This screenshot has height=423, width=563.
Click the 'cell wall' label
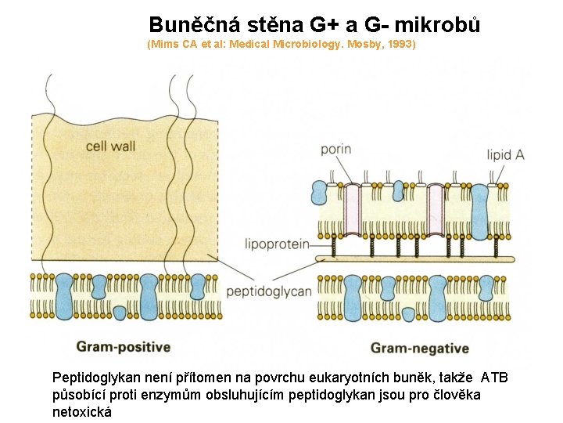(110, 146)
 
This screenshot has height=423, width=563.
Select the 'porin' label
(335, 150)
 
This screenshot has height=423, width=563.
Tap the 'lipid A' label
(505, 155)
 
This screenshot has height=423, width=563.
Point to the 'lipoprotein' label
(277, 244)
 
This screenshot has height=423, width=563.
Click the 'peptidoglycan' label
(268, 291)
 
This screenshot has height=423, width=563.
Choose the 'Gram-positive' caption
(123, 346)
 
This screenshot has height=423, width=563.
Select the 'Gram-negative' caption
(420, 348)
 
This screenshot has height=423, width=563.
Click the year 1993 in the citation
(400, 45)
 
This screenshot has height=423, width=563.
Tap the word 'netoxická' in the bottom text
(82, 411)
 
